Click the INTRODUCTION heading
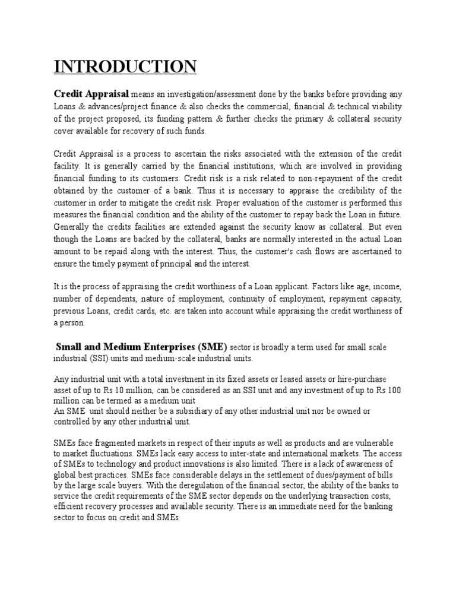tap(125, 66)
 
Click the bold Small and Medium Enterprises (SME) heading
tap(141, 346)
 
